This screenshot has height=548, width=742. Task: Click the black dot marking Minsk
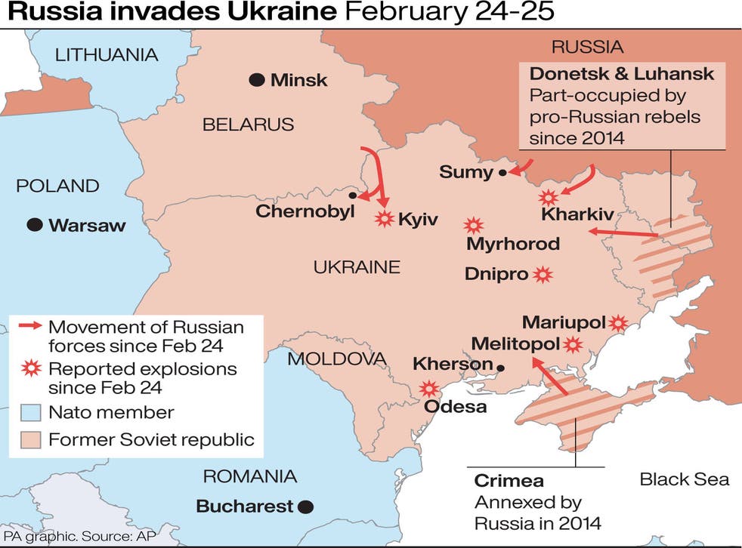tap(257, 79)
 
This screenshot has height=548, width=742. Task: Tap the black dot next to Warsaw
tap(34, 224)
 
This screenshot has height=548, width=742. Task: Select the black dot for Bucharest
tap(305, 506)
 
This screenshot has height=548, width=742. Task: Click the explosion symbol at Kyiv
tap(385, 219)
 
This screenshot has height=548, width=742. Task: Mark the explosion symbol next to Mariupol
tap(619, 323)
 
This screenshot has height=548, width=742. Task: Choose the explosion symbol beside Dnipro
tap(542, 275)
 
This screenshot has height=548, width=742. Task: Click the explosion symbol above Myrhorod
tap(474, 225)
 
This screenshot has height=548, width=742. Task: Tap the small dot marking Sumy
tap(502, 173)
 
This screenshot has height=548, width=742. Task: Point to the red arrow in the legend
tap(29, 327)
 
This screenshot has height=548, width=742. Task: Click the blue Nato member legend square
tap(29, 412)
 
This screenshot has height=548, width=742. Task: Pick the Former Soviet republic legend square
tap(29, 439)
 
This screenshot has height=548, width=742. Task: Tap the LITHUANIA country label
tap(107, 54)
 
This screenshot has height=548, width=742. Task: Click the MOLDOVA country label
tap(336, 359)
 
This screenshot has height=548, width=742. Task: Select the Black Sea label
tap(684, 479)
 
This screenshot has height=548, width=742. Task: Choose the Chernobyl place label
tap(305, 211)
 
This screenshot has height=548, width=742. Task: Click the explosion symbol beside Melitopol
tap(574, 345)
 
